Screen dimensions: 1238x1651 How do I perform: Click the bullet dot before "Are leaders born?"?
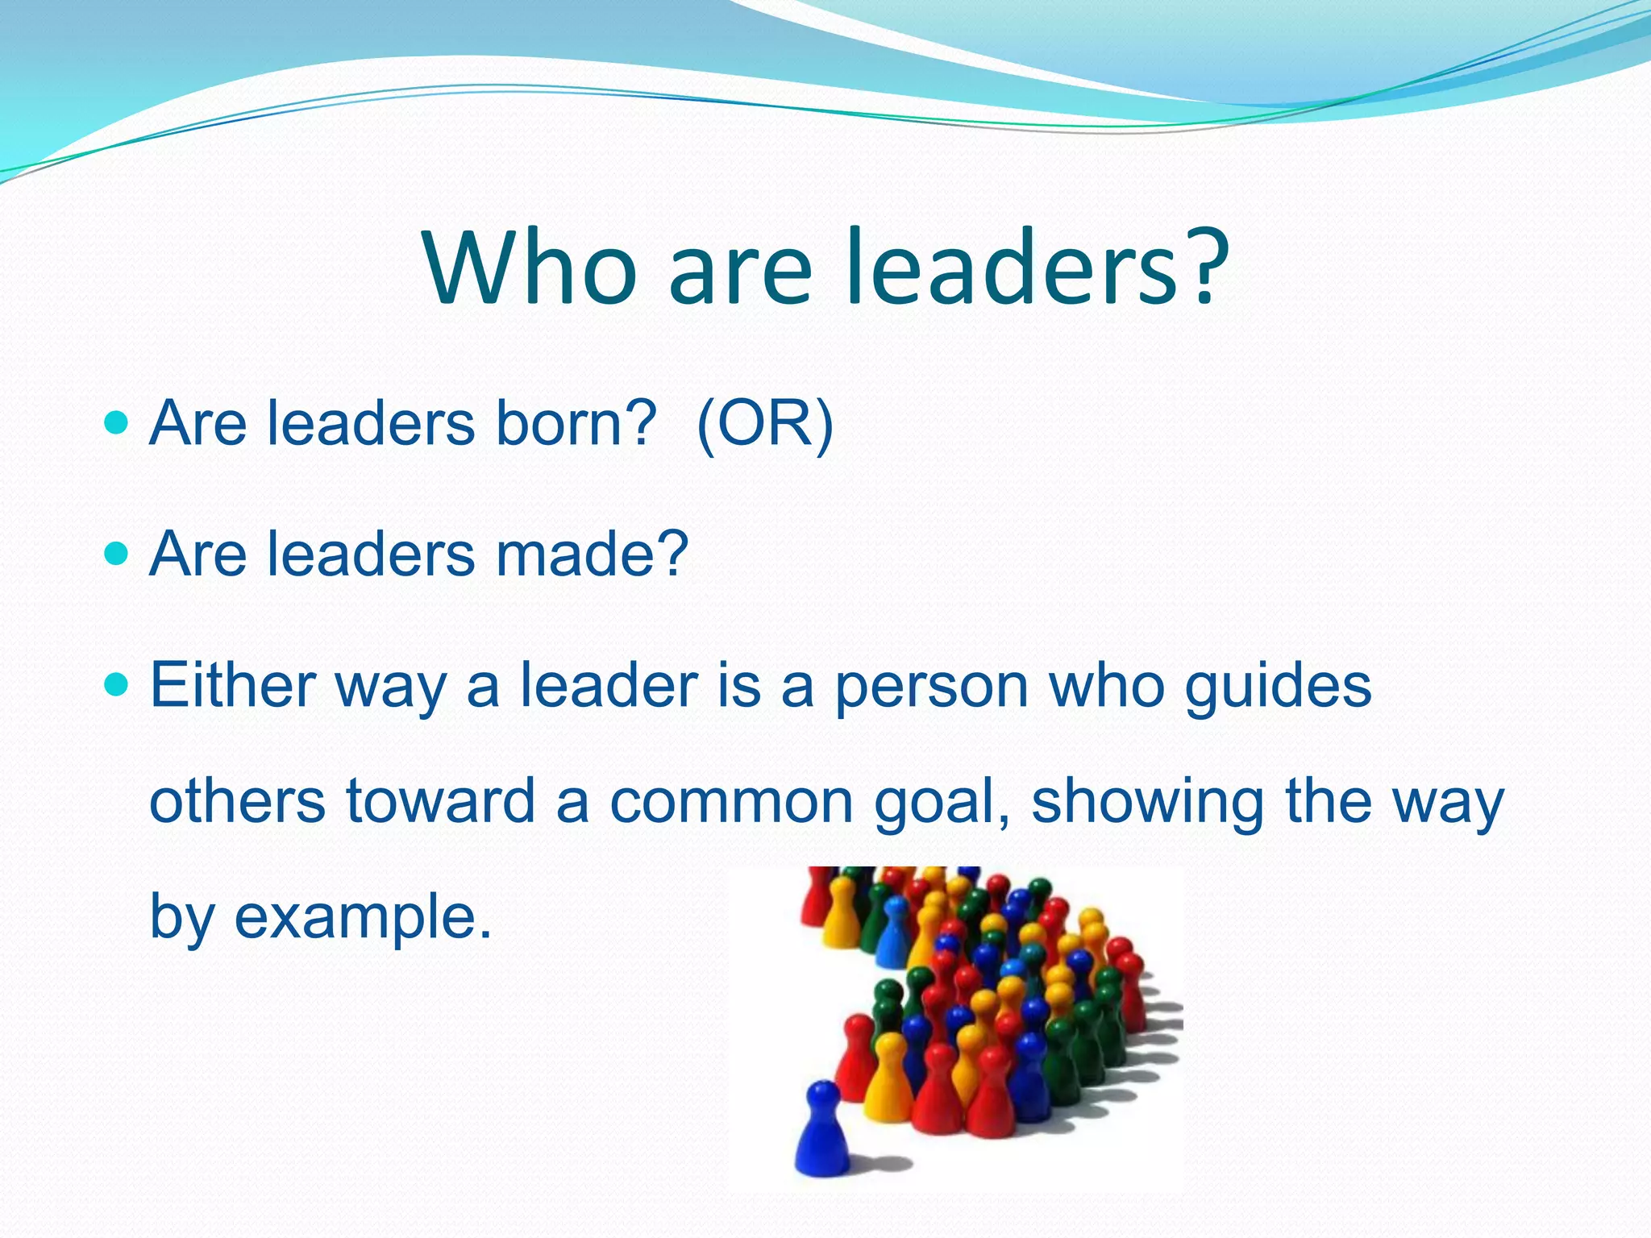coord(117,422)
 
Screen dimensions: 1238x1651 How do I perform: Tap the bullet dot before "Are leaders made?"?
coord(117,554)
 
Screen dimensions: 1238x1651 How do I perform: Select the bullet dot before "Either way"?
coord(117,685)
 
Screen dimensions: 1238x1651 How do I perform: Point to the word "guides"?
coord(1278,687)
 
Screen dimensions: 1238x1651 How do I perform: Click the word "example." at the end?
coord(363,918)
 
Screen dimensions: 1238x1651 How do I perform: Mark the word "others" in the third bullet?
coord(238,802)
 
